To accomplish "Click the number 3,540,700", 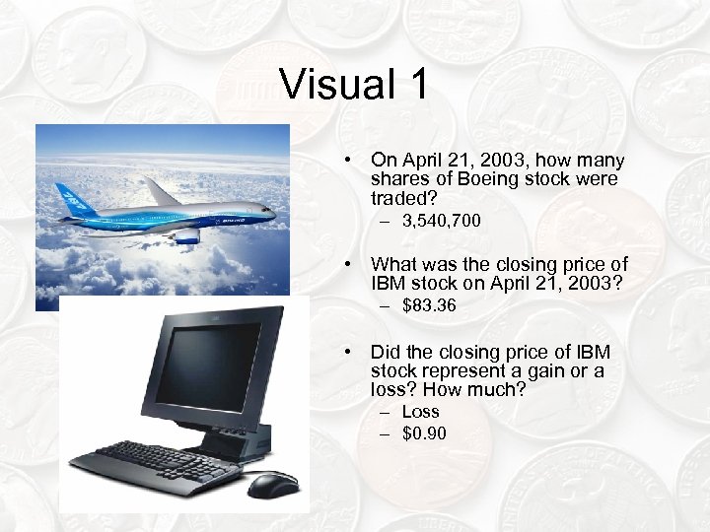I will [442, 222].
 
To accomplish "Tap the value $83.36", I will [429, 306].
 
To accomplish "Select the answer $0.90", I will [424, 433].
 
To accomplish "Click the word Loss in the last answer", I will [420, 412].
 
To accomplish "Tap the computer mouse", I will [273, 483].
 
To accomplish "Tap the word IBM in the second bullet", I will [387, 283].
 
